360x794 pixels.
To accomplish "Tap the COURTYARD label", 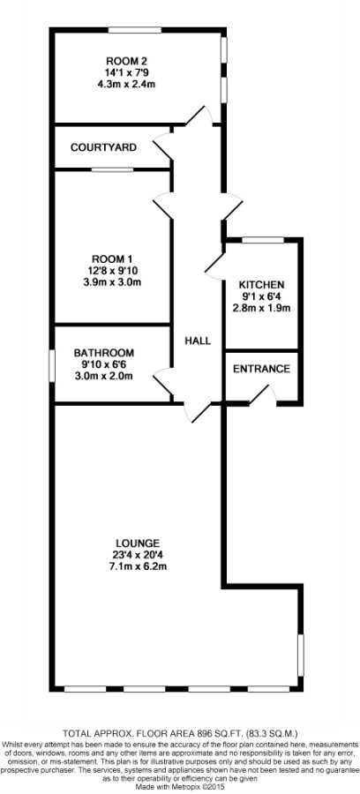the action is coord(103,147).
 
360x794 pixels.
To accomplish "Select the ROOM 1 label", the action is coord(111,257).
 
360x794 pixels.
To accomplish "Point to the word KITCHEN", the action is coord(262,285).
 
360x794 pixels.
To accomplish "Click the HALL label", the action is coord(198,341).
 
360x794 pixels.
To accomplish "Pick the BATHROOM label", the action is coord(104,352).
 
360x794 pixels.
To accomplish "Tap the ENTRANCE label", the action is coord(261,369).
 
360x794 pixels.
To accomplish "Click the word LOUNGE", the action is coord(138,543).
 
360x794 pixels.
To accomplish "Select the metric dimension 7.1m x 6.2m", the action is coord(138,566).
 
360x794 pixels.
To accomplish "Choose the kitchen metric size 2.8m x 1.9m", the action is coord(261,308).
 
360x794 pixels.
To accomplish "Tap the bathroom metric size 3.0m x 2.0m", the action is coord(104,376).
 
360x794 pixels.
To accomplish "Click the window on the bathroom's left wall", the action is coord(52,365).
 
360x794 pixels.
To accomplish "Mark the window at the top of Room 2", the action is coord(135,30).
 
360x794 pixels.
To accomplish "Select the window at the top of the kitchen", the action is coord(263,240).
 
